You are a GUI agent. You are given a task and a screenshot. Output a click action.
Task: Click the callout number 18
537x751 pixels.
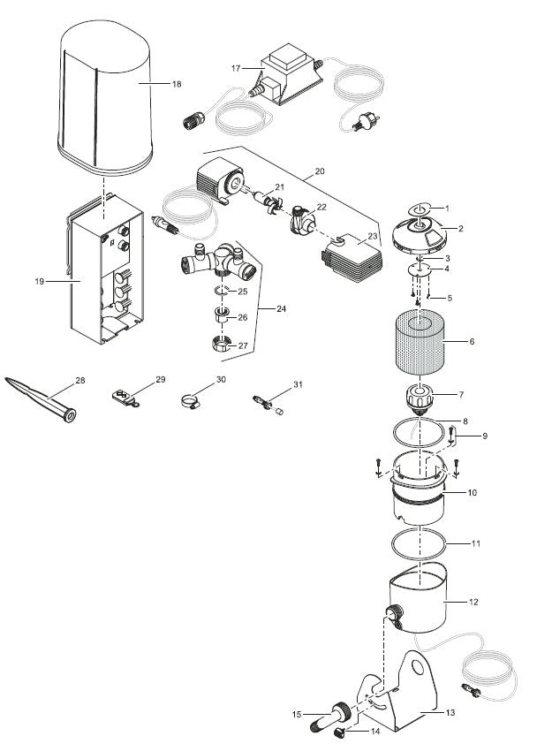pyautogui.click(x=177, y=84)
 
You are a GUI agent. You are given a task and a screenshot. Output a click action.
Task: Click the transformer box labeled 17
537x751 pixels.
pyautogui.click(x=286, y=79)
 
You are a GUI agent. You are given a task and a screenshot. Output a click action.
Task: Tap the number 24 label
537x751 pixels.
pyautogui.click(x=282, y=309)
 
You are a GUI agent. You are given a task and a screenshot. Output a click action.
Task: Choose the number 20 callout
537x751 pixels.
pyautogui.click(x=320, y=168)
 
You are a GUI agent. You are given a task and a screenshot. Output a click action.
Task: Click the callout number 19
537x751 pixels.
pyautogui.click(x=39, y=281)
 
